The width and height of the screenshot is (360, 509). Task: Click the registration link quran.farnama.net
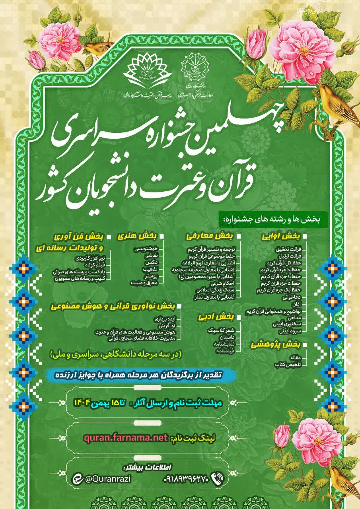pos(126,438)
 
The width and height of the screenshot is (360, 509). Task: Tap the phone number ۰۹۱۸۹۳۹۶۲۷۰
pos(186,479)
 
